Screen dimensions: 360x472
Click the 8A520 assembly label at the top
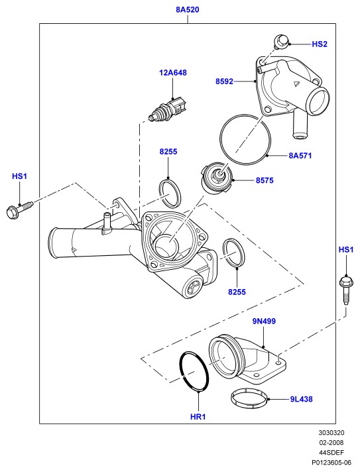188,10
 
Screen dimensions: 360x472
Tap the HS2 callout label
319,44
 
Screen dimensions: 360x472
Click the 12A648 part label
173,72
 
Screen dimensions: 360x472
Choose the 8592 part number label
224,82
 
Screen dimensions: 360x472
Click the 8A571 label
300,156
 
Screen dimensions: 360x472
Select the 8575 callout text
265,180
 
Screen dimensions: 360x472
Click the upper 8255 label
168,151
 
